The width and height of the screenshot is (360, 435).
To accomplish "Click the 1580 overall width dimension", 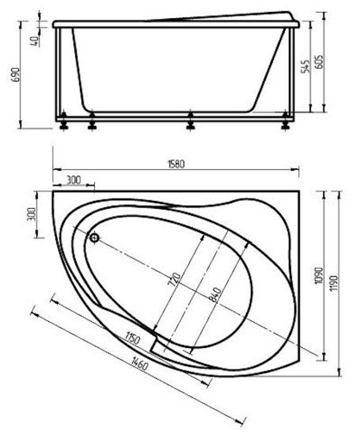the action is pos(176,164).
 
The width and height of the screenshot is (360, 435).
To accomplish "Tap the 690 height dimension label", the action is pos(17,74).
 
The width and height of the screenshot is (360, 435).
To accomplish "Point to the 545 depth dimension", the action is pos(305,66).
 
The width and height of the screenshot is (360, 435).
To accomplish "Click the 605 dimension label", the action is pos(319,61).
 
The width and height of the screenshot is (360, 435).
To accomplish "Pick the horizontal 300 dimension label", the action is pos(74,180).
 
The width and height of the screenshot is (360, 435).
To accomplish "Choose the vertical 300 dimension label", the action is pos(33,214).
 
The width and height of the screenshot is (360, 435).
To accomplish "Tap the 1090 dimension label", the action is pos(319,275).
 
